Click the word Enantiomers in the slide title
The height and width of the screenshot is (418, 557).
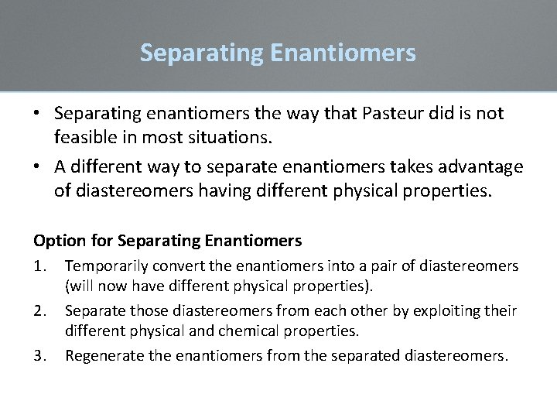[x=343, y=53]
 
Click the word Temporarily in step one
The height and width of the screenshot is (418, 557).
[x=104, y=266]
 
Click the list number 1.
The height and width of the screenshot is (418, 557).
[x=41, y=266]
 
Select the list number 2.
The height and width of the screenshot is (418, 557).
[x=41, y=311]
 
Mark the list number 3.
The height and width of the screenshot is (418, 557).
[x=41, y=356]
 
